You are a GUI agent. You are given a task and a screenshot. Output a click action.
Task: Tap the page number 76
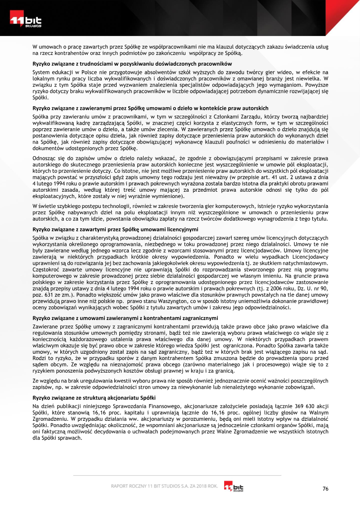pyautogui.click(x=325, y=490)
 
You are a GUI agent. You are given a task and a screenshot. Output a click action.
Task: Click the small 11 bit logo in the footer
pyautogui.click(x=234, y=487)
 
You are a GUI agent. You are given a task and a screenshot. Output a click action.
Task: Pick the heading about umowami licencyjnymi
pyautogui.click(x=125, y=230)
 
